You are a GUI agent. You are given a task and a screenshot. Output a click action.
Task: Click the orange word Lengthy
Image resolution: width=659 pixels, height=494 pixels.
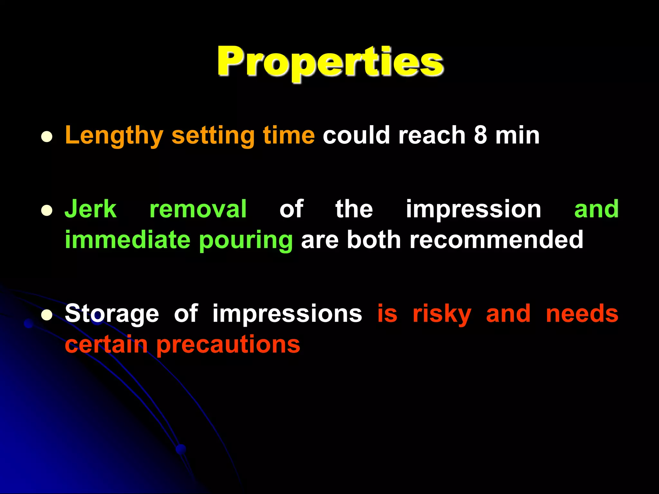point(114,136)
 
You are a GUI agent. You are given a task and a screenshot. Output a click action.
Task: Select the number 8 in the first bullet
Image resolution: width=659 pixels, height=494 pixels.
point(480,135)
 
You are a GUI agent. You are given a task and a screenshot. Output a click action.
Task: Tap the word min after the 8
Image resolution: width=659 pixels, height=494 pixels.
point(517,135)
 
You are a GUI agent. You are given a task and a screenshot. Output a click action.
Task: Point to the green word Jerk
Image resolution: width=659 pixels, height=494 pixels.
point(90,209)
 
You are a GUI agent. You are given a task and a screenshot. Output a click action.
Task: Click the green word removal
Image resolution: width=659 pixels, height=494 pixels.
point(198,209)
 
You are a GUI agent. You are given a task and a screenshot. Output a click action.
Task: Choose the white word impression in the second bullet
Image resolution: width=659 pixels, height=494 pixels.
point(473,210)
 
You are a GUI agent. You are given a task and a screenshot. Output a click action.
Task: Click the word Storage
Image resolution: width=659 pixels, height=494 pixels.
point(112,314)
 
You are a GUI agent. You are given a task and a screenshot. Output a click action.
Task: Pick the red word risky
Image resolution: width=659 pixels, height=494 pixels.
point(442,314)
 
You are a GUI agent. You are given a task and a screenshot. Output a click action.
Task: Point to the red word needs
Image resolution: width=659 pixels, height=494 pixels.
point(582,313)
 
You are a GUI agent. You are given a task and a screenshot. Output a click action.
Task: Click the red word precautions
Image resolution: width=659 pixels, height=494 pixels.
point(228,345)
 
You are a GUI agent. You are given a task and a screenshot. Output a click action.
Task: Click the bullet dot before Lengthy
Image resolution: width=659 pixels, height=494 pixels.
point(47,137)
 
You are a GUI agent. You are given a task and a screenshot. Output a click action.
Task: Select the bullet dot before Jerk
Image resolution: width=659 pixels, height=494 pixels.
point(47,211)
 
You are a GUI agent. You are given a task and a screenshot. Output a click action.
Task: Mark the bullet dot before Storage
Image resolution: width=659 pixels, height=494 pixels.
point(47,315)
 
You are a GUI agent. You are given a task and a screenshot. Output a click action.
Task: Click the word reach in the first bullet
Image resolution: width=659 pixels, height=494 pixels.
point(432,135)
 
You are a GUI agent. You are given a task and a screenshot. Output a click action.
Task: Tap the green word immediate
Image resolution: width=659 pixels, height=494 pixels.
point(127,240)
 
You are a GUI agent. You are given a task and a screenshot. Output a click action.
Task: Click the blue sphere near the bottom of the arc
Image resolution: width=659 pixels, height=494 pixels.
point(181,449)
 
